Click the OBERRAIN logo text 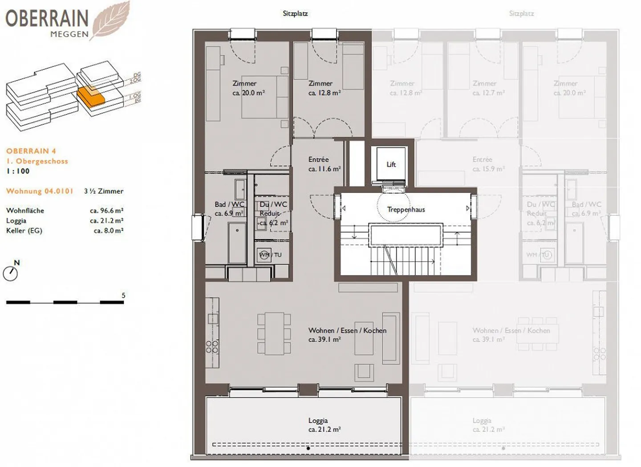point(47,18)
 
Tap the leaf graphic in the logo point(110,20)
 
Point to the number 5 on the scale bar point(123,295)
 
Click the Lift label point(391,164)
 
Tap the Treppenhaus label point(406,209)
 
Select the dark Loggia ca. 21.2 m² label point(318,425)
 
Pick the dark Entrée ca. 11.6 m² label point(324,164)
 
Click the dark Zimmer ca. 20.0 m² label point(248,88)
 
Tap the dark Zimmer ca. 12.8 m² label point(324,88)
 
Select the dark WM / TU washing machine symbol point(265,255)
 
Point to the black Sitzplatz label point(295,13)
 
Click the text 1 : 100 point(18,171)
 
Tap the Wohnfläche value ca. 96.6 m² point(106,211)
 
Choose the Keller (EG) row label point(24,231)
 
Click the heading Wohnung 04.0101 point(40,191)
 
